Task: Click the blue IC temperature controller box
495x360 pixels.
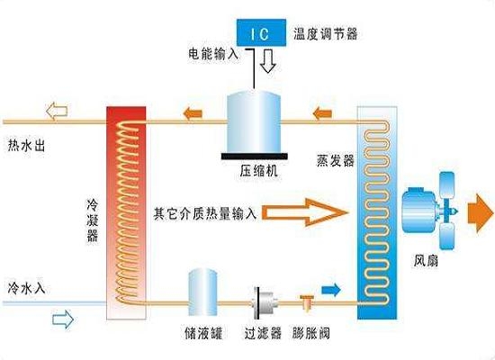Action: point(261,32)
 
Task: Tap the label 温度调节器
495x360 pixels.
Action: point(326,34)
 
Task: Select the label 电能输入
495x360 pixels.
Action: point(213,54)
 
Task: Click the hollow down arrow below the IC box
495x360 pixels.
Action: point(268,61)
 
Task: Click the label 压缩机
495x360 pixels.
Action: point(258,171)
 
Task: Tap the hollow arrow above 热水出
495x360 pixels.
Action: point(57,111)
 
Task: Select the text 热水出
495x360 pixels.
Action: point(26,146)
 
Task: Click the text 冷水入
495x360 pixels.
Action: point(27,288)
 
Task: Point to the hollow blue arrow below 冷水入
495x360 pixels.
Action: point(63,319)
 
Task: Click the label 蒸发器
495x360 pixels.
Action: point(336,161)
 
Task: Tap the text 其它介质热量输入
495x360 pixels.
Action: point(205,213)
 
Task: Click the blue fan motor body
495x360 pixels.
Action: point(418,210)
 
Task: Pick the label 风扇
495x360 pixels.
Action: point(426,261)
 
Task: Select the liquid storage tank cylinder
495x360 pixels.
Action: point(203,292)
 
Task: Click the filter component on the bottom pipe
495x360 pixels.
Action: point(265,302)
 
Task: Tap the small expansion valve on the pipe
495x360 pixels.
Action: point(307,302)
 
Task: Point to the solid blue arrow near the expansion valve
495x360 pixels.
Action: point(331,290)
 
